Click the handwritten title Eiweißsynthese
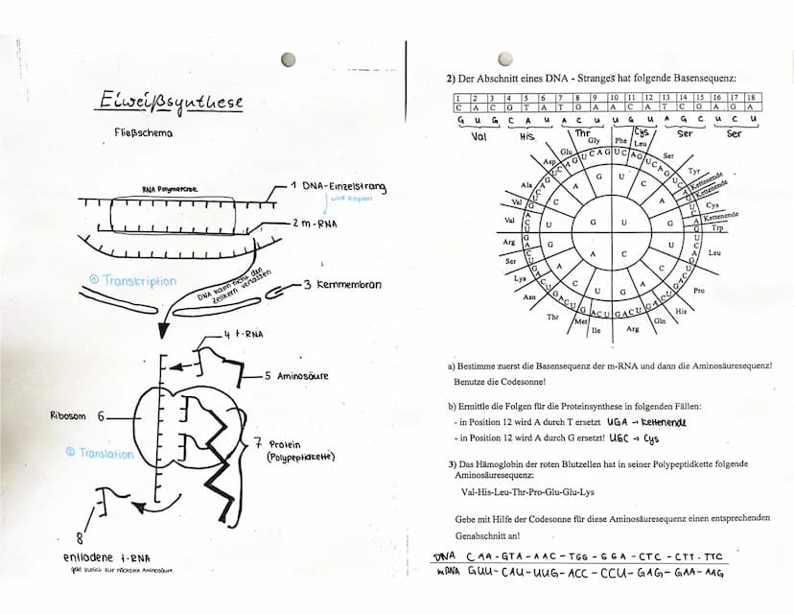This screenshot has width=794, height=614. pyautogui.click(x=171, y=102)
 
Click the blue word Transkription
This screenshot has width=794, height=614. pyautogui.click(x=133, y=280)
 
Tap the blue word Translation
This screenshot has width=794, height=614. pyautogui.click(x=101, y=453)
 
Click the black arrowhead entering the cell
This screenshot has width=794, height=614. pyautogui.click(x=162, y=330)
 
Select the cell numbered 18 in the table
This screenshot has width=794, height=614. pyautogui.click(x=751, y=98)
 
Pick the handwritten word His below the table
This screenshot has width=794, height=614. pyautogui.click(x=526, y=136)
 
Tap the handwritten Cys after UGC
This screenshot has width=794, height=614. pyautogui.click(x=651, y=438)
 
